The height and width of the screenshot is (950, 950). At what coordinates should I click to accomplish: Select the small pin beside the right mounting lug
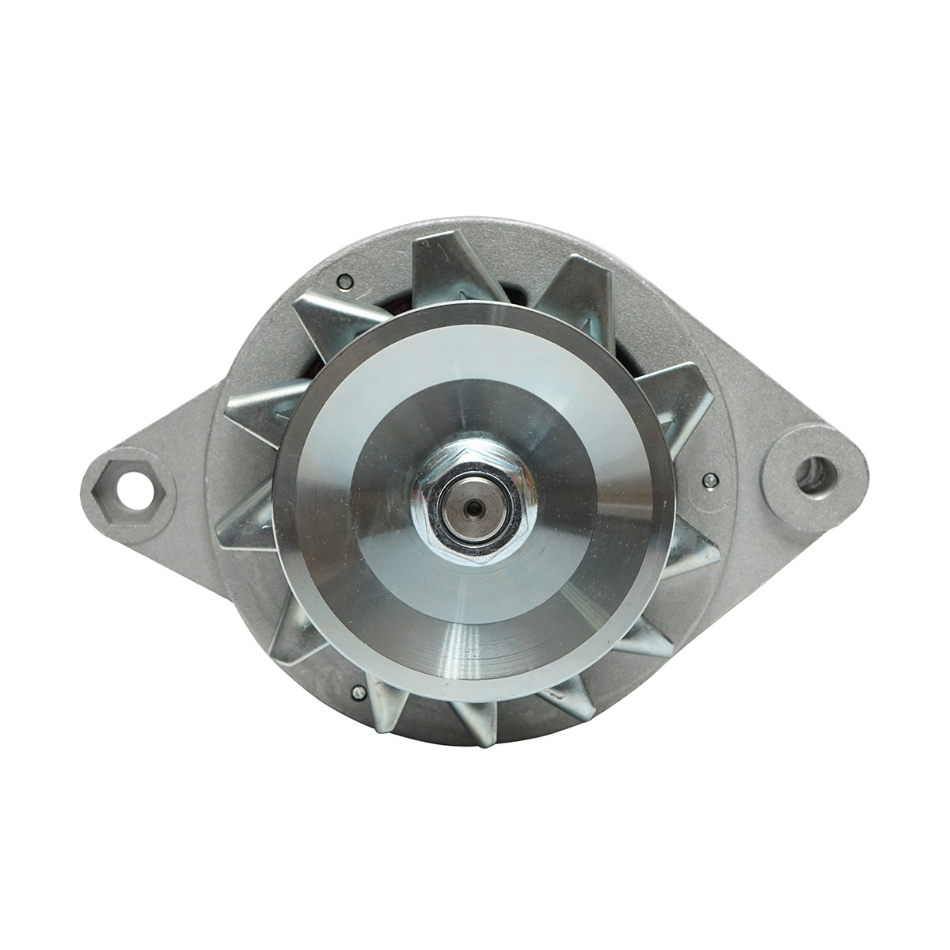[709, 479]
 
